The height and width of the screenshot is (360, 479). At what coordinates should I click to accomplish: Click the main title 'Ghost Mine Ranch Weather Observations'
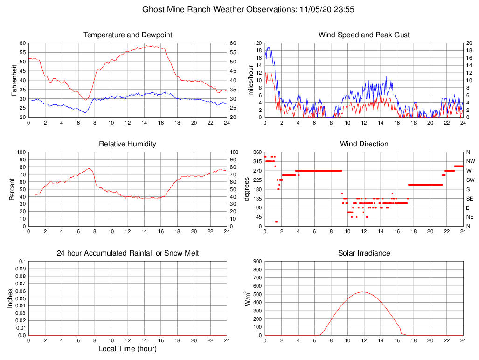point(219,9)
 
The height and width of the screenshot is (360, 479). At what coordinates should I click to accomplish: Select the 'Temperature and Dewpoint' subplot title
point(128,35)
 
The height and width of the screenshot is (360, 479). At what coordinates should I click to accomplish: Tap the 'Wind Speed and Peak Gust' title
point(364,35)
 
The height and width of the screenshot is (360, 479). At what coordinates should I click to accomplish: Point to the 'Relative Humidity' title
point(128,144)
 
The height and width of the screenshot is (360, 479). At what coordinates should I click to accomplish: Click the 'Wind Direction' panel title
point(364,144)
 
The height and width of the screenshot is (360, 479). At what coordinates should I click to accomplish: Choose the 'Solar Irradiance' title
point(364,253)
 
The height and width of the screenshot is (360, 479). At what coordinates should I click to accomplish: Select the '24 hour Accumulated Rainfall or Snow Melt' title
point(128,253)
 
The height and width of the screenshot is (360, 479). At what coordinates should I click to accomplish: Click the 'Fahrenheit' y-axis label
point(14,80)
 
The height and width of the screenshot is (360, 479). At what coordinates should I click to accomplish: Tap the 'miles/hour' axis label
point(250,80)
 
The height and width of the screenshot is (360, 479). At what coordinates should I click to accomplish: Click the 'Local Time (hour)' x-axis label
point(128,349)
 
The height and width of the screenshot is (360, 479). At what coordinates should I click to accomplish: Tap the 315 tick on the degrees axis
point(257,161)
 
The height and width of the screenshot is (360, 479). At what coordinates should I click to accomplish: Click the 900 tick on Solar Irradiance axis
point(257,262)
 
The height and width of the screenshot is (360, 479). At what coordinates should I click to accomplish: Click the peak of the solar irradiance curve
point(363,292)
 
